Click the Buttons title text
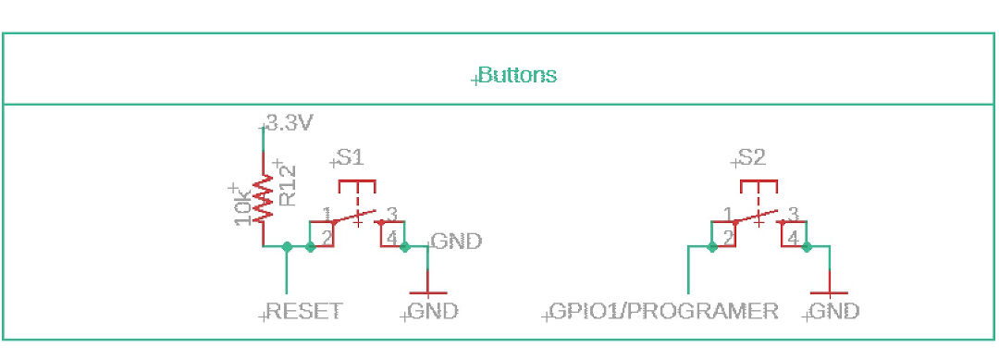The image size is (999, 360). point(518,75)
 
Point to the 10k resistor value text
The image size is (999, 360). point(241,205)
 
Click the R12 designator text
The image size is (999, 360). point(287,184)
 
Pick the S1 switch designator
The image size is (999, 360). point(350,158)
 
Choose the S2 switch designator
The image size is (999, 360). point(752,158)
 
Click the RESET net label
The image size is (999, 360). point(303,311)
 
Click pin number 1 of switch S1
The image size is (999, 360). point(327,214)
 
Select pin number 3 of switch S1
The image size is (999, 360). point(392,214)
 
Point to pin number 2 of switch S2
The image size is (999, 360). point(729,239)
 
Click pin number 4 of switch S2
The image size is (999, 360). point(793,239)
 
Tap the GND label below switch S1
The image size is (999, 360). point(433,311)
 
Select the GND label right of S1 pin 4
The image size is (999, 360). point(457,242)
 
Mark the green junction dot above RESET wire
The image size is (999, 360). point(287,247)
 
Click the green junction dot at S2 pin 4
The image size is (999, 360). point(807,247)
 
